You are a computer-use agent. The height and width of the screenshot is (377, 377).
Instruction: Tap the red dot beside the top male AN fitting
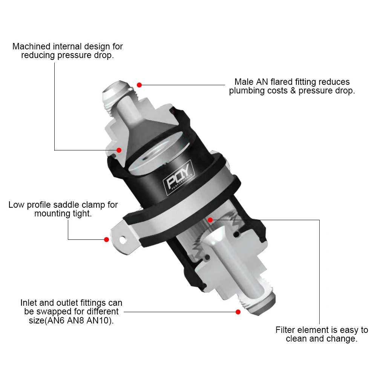coord(139,85)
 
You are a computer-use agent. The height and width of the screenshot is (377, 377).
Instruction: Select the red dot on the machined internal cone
coord(119,150)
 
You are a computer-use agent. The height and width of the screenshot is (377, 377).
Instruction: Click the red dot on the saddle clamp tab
coord(107,239)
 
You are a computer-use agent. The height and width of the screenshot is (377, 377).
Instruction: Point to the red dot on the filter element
coord(210,219)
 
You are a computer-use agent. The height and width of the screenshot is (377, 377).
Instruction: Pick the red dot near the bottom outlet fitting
coord(238,312)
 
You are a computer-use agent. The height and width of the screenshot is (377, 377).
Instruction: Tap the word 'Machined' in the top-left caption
coord(31,46)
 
